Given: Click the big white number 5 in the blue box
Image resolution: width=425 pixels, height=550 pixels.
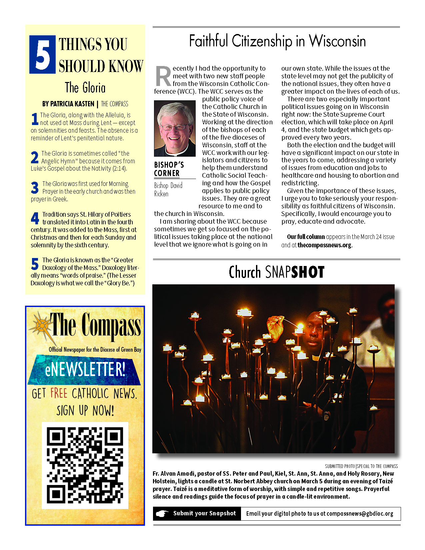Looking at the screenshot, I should point(42,54).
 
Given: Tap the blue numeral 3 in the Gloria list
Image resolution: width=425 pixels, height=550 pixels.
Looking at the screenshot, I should point(35,188).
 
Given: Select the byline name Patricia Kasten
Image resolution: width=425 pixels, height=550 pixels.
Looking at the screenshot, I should point(68,104).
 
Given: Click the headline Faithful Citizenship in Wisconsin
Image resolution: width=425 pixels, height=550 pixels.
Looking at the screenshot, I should point(277,41).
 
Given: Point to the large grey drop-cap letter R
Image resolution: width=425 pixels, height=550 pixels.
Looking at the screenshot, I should point(163,76).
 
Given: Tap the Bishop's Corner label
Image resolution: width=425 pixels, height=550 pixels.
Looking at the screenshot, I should point(169,169).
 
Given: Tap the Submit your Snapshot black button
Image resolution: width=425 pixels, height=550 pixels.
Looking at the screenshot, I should point(197,513).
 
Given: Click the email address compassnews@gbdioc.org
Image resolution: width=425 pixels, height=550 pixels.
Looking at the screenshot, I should point(360,514).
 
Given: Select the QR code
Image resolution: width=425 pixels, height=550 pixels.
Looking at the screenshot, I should point(85,465).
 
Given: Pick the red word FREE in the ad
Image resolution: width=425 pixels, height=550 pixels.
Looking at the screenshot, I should point(59,393).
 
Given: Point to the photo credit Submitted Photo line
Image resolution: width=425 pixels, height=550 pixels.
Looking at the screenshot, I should point(361,466).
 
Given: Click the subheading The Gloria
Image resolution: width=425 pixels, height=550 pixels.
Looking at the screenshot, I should point(85,88).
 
